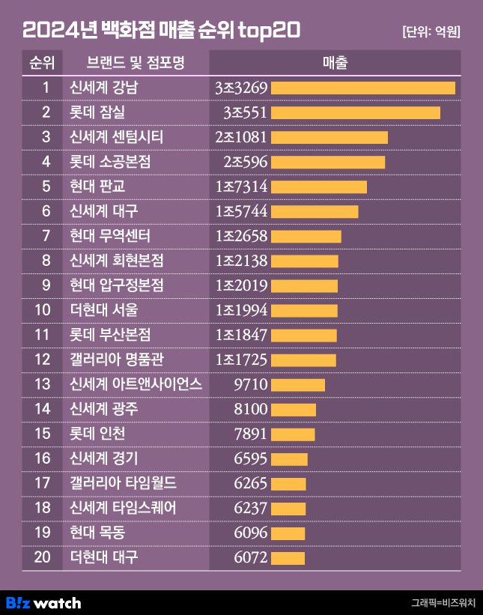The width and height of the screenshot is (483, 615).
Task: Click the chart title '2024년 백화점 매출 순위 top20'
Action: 161,30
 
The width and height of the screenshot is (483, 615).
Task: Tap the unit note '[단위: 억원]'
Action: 431,31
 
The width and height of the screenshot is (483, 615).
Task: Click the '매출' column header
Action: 335,63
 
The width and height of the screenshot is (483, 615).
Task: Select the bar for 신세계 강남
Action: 362,88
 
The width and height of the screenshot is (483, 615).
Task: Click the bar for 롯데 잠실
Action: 355,112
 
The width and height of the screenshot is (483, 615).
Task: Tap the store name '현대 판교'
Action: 97,187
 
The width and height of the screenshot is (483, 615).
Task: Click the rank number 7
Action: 46,236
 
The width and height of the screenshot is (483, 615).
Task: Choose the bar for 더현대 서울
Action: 304,310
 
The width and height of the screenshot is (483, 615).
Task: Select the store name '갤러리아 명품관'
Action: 115,360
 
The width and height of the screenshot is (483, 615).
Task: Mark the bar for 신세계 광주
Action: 293,409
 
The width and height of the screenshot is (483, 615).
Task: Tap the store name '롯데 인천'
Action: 97,434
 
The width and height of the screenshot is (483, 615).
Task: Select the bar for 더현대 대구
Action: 288,557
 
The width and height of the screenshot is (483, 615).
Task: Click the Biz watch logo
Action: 43,602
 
